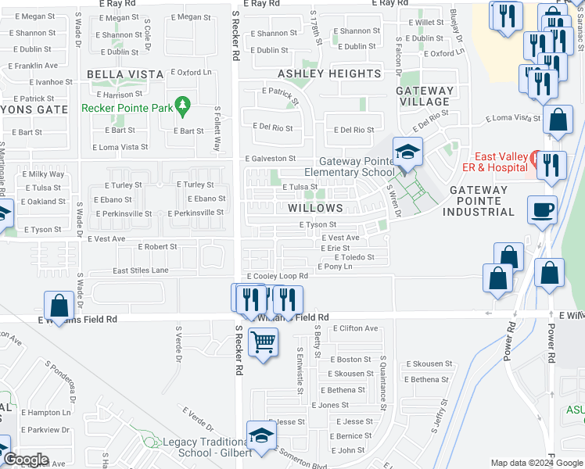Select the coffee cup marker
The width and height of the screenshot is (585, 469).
point(542,209)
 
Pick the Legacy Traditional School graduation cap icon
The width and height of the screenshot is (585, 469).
point(261,435)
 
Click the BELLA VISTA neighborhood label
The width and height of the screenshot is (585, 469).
point(126,74)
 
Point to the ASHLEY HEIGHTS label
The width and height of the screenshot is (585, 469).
point(330,73)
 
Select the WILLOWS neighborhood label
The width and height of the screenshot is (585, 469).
point(315,208)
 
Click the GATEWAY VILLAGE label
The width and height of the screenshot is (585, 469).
point(425,96)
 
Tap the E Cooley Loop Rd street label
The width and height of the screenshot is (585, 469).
point(278,276)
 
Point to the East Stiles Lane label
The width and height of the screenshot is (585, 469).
point(141,270)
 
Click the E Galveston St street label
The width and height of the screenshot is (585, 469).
point(270,158)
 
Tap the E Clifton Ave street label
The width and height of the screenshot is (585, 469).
point(354,328)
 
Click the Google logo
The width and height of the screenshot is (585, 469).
point(25,460)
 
